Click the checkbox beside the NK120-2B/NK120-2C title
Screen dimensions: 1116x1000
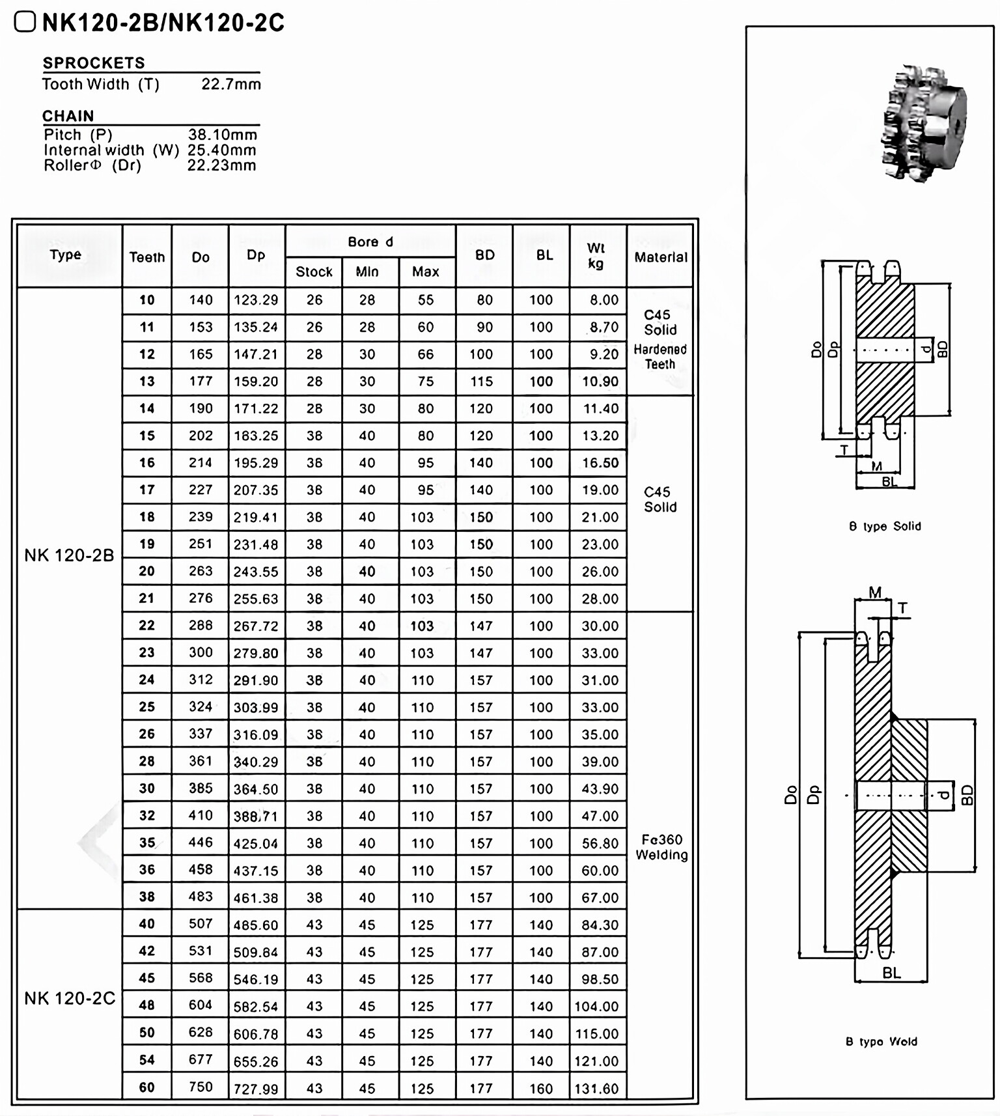coord(25,22)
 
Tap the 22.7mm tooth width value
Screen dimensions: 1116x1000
coord(231,84)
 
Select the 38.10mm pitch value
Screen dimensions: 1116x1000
coord(223,135)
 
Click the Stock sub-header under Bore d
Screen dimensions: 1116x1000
coord(314,272)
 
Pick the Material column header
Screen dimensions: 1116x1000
coord(660,257)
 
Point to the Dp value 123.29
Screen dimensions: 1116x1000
coord(256,300)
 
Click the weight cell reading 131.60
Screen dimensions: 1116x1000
coord(596,1088)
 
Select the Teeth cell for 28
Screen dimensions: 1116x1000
coord(147,761)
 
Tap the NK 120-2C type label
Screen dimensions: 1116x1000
coord(70,998)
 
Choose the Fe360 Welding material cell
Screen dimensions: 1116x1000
coord(661,847)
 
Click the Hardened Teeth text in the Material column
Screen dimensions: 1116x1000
coord(660,357)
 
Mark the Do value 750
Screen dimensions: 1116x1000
coord(201,1087)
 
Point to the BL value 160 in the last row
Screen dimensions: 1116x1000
coord(541,1088)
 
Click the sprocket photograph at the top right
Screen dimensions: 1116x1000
coord(923,123)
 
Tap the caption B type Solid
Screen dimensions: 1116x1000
coord(885,526)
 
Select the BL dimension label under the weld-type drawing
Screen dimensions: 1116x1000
coord(891,973)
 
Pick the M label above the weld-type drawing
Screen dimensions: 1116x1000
coord(875,593)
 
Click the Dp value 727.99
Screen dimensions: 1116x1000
coord(256,1089)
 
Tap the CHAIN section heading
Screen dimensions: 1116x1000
coord(68,116)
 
